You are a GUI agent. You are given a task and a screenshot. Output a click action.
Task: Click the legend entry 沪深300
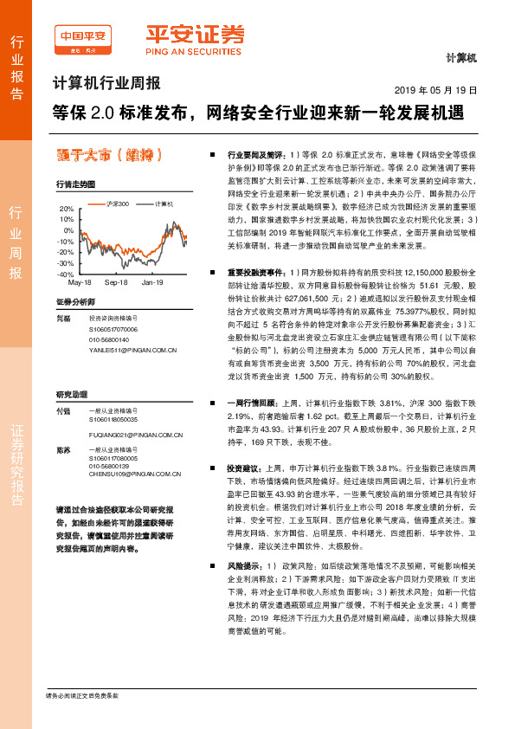coord(116,203)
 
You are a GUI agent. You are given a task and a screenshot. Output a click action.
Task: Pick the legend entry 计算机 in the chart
coord(164,203)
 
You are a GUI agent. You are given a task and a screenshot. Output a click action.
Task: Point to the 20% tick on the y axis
coord(66,210)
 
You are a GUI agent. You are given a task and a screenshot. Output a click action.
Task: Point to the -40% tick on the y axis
coord(66,274)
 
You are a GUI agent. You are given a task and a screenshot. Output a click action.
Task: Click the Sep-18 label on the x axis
coord(116,282)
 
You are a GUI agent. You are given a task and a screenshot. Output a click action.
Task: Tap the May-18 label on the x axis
coord(80,282)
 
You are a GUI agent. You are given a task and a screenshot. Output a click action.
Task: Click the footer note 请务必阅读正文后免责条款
coord(81,695)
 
